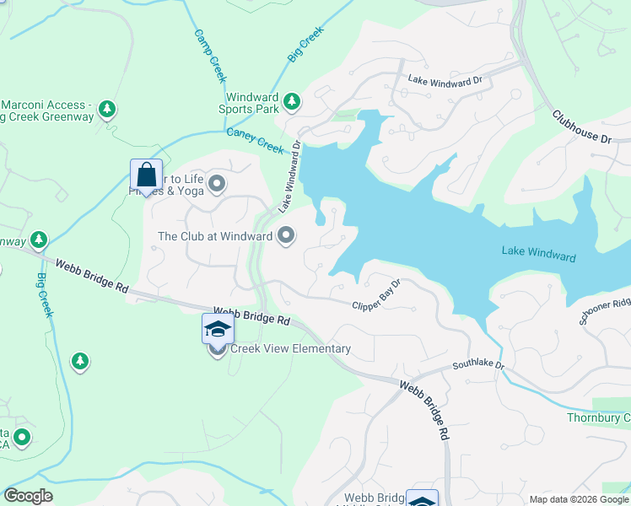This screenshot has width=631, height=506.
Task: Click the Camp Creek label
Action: [210, 57]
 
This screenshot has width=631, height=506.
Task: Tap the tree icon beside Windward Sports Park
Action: [291, 102]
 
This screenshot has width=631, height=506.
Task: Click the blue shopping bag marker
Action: [146, 175]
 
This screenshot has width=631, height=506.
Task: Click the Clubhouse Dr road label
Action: [581, 126]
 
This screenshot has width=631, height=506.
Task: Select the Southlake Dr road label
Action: [477, 365]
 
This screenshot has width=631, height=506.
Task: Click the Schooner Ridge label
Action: [605, 310]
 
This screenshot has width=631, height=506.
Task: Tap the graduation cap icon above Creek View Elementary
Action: [217, 329]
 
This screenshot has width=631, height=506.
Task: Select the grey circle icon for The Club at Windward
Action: [286, 236]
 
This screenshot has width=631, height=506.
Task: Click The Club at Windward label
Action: [215, 236]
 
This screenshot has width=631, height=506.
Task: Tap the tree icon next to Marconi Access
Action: [107, 110]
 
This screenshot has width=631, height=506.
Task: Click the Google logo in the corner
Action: [28, 496]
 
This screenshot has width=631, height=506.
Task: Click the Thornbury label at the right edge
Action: [598, 418]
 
